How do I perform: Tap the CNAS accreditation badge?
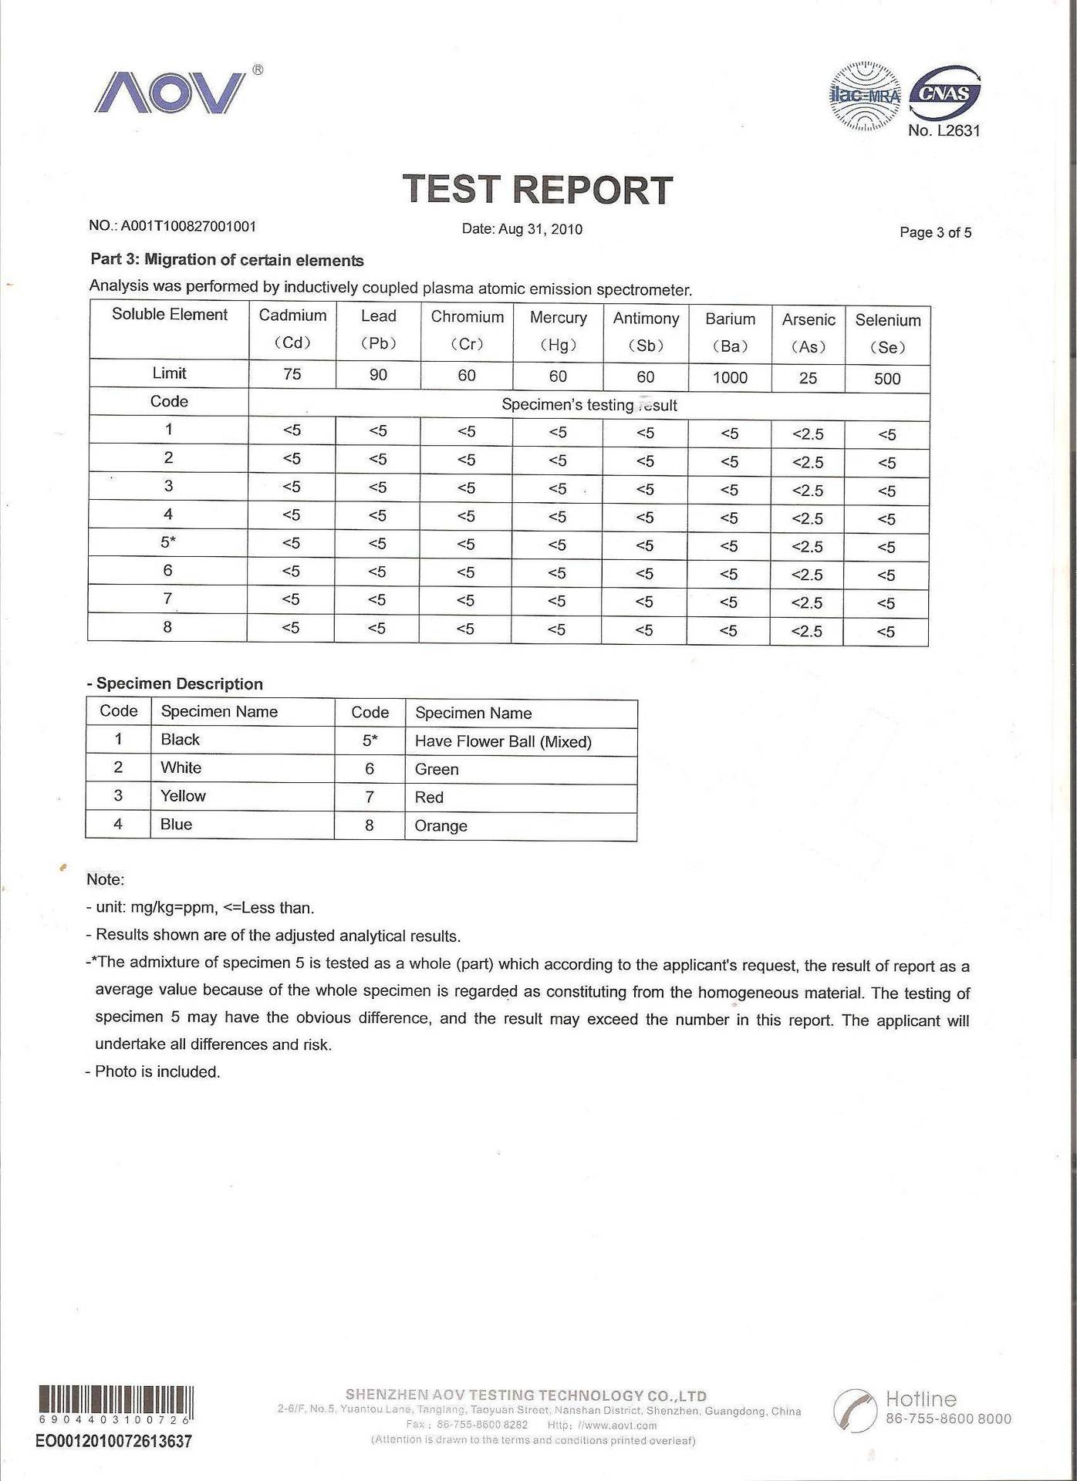pyautogui.click(x=945, y=95)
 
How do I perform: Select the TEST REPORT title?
pyautogui.click(x=538, y=190)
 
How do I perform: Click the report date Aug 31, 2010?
pyautogui.click(x=522, y=229)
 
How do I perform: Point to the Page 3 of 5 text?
pyautogui.click(x=935, y=232)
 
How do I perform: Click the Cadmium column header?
pyautogui.click(x=292, y=329)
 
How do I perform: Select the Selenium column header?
pyautogui.click(x=887, y=333)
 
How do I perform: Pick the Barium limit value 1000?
pyautogui.click(x=729, y=377)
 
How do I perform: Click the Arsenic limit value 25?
pyautogui.click(x=808, y=378)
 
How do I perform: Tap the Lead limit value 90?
pyautogui.click(x=378, y=375)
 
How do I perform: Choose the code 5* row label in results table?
pyautogui.click(x=168, y=542)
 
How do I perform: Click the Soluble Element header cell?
pyautogui.click(x=170, y=314)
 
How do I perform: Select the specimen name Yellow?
pyautogui.click(x=183, y=796)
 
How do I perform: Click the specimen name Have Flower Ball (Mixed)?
pyautogui.click(x=503, y=741)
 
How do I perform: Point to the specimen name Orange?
pyautogui.click(x=441, y=825)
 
